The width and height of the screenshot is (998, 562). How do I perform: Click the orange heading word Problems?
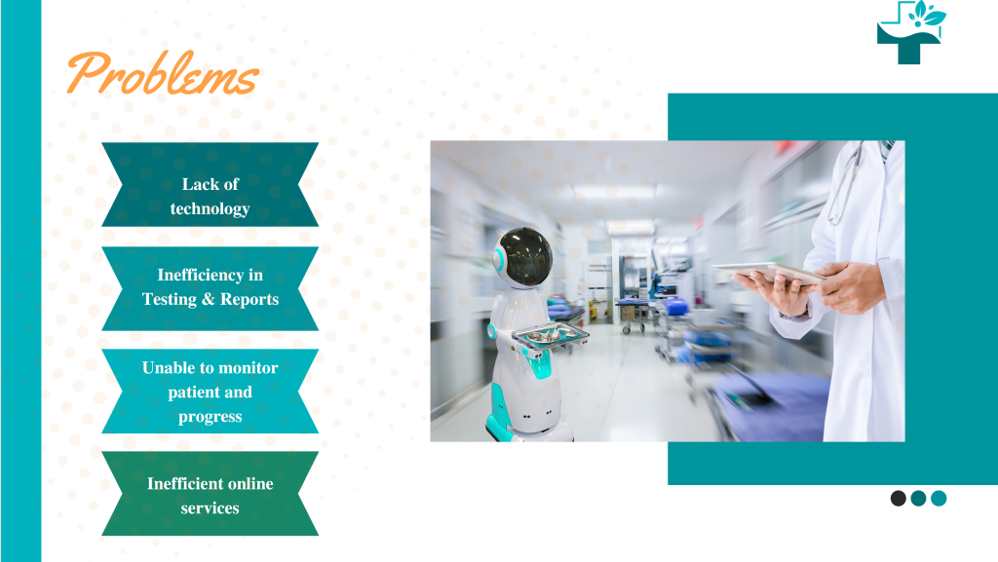tap(162, 74)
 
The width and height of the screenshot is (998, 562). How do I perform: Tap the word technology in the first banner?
tap(210, 208)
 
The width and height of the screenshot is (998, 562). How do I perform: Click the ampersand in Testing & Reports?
tap(208, 299)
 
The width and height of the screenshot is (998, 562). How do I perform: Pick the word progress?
tap(210, 417)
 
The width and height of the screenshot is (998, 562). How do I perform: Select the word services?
tap(210, 508)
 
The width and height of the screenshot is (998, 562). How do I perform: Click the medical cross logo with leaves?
tap(911, 32)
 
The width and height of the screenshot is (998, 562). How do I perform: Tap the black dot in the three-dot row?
tap(899, 499)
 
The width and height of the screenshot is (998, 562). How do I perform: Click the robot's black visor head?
tap(527, 255)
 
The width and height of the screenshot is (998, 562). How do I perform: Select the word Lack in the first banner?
tap(197, 184)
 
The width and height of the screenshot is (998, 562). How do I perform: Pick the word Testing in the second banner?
tap(170, 299)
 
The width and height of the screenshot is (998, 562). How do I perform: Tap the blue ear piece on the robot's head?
tap(500, 259)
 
